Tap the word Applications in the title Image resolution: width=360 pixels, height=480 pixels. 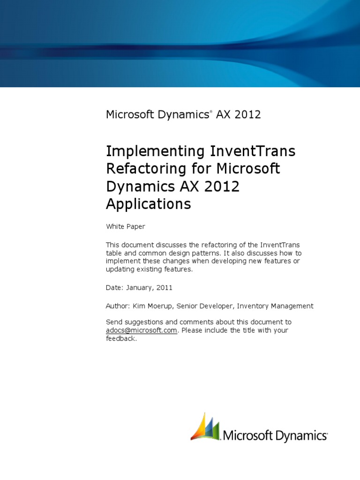(x=149, y=204)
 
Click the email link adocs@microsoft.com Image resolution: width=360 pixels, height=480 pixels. (x=142, y=330)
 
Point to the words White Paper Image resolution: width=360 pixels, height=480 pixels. (x=125, y=227)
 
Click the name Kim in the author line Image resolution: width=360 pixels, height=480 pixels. (x=140, y=306)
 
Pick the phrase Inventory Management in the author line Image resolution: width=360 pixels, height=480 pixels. (x=275, y=306)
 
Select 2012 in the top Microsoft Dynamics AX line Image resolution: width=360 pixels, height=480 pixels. (x=247, y=114)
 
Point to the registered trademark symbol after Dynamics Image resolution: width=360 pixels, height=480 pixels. (x=211, y=112)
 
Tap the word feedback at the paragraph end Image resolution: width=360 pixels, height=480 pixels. (x=120, y=338)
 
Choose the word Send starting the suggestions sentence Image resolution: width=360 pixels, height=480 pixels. (x=114, y=322)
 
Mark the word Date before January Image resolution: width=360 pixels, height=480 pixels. (x=113, y=287)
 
